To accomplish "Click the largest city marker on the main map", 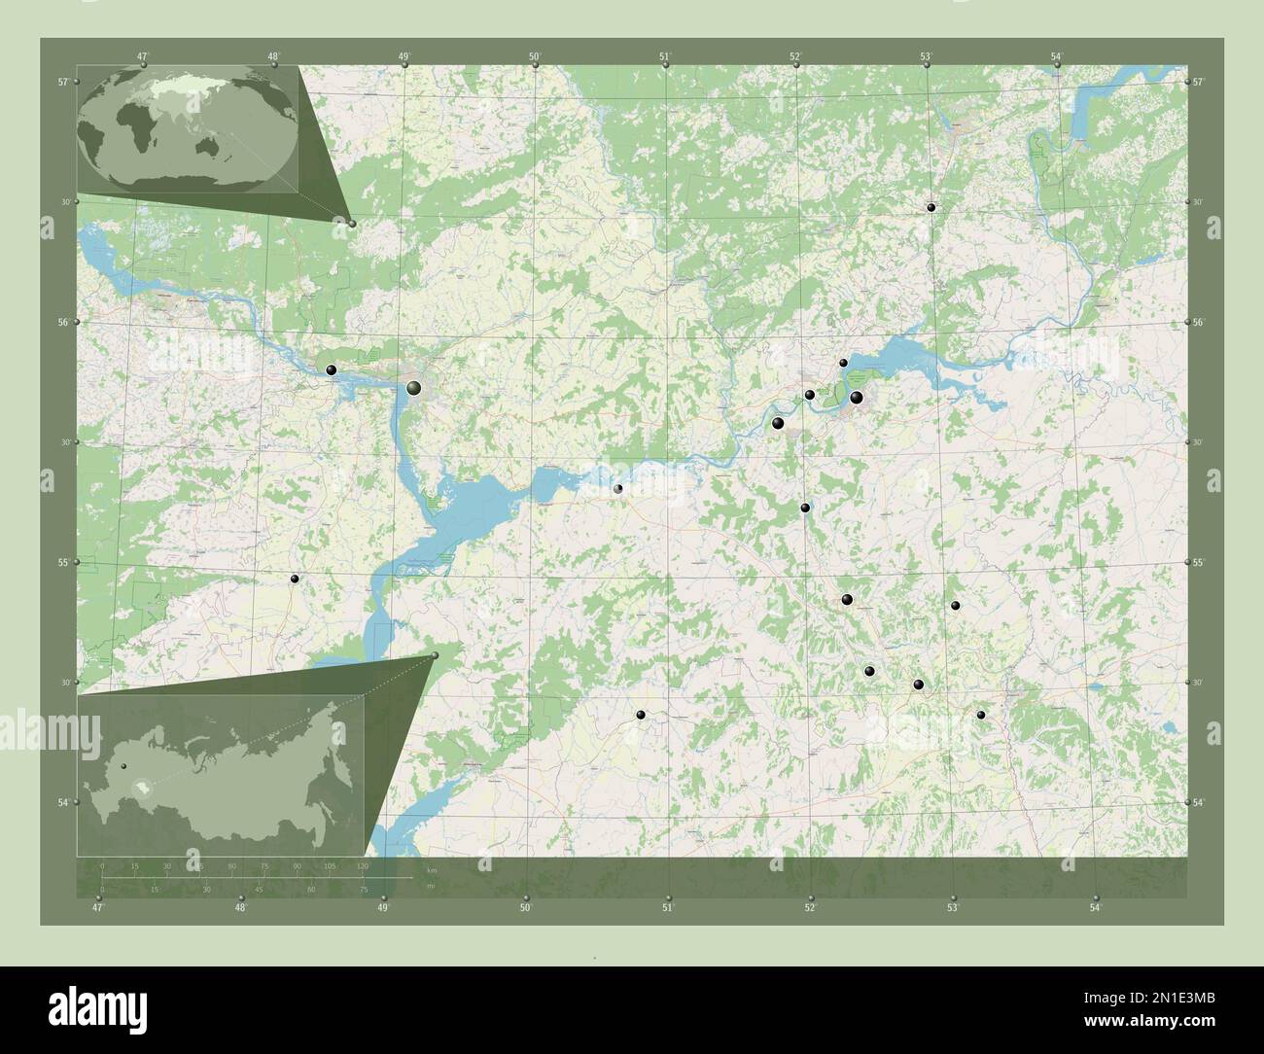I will [x=414, y=389].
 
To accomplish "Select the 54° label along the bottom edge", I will [x=1095, y=908].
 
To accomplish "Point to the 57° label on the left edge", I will [x=62, y=82].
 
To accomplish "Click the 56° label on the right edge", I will [x=1201, y=323].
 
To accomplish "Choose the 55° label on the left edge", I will [x=62, y=563].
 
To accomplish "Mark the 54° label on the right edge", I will [x=1201, y=802].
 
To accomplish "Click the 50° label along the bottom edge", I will [x=525, y=908].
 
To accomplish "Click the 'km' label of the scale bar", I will [x=432, y=869].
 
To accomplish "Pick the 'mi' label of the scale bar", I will [x=432, y=886].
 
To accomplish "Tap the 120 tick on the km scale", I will [x=363, y=865].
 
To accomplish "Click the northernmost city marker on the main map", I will [x=930, y=207].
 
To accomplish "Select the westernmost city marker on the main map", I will [x=295, y=579].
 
